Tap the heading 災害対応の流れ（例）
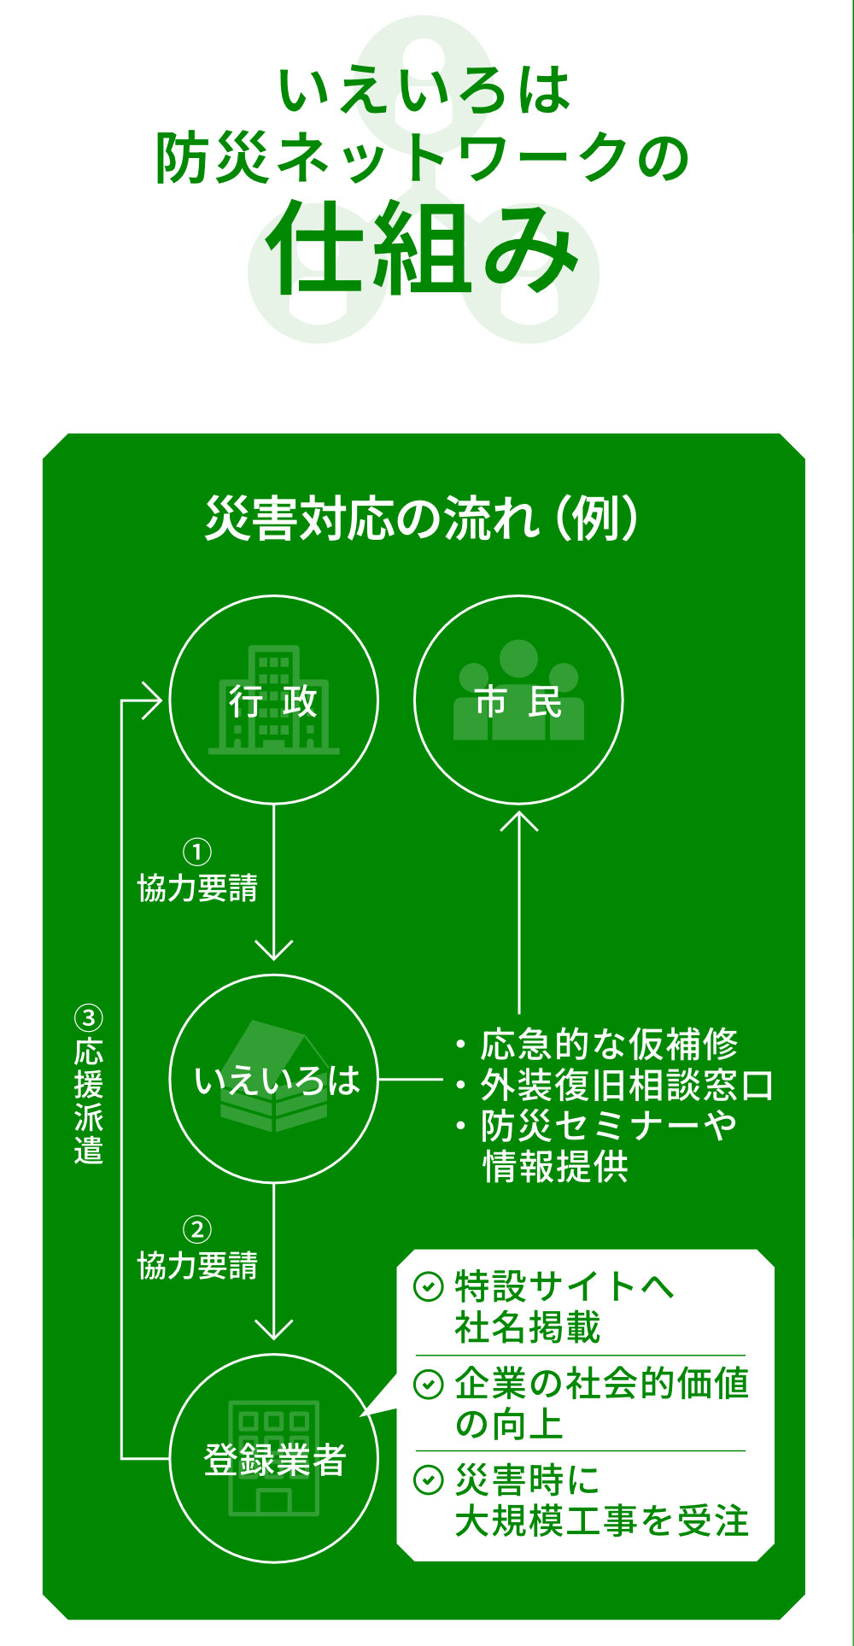point(422,518)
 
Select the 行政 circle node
point(273,700)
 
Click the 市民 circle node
point(518,700)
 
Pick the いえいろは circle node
point(273,1080)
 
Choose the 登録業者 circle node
point(273,1459)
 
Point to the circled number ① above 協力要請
point(197,852)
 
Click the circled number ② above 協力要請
point(197,1230)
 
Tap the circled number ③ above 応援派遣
point(89,1018)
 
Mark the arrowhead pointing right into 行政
point(154,701)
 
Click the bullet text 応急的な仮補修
point(608,1044)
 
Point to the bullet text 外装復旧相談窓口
point(626,1086)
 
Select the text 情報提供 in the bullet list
point(555,1167)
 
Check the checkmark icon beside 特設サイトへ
point(428,1286)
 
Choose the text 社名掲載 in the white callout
point(527,1327)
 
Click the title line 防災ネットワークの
point(422,159)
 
